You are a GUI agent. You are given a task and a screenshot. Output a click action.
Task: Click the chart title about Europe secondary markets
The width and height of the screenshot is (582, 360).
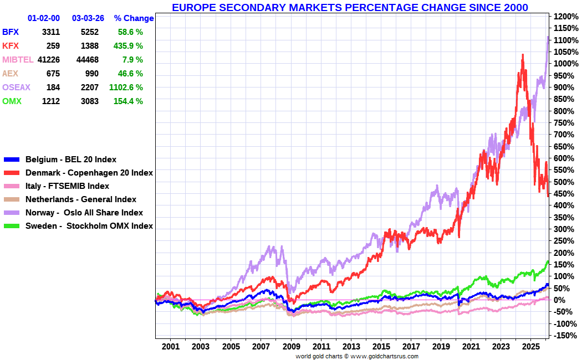(x=350, y=7)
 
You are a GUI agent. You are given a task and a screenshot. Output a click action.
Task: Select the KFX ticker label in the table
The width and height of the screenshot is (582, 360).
(x=11, y=46)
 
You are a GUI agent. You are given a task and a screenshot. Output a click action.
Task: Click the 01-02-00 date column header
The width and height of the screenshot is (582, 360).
(x=43, y=18)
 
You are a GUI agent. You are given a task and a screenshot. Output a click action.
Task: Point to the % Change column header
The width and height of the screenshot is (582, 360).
(x=134, y=18)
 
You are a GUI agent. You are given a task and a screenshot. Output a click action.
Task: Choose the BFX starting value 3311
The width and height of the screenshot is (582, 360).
(x=50, y=32)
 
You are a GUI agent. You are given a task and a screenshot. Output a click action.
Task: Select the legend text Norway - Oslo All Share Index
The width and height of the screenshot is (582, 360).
(x=84, y=213)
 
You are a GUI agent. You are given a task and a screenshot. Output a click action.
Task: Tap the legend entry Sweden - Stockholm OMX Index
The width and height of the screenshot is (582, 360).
(x=89, y=226)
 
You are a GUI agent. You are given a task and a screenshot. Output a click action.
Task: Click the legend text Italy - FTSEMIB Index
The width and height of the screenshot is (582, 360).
(x=67, y=186)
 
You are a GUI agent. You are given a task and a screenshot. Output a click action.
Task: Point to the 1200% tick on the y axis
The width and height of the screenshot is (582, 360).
(x=565, y=17)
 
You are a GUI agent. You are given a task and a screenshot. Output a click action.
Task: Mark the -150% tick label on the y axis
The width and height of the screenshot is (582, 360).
(x=565, y=336)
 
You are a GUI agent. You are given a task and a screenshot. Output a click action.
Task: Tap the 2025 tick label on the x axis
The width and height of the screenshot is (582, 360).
(x=530, y=347)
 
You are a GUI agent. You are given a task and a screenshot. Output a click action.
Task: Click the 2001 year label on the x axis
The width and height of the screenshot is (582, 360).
(x=171, y=347)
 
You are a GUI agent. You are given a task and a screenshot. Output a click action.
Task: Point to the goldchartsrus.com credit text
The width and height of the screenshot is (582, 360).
(x=357, y=356)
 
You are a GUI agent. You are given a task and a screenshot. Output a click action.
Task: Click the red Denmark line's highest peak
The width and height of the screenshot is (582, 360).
(x=522, y=55)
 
